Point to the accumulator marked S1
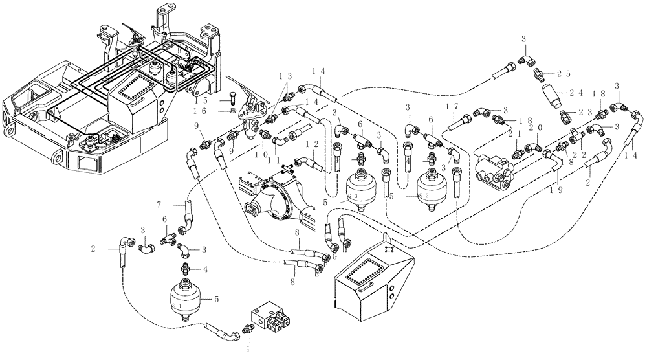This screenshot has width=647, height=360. pos(185,297)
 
